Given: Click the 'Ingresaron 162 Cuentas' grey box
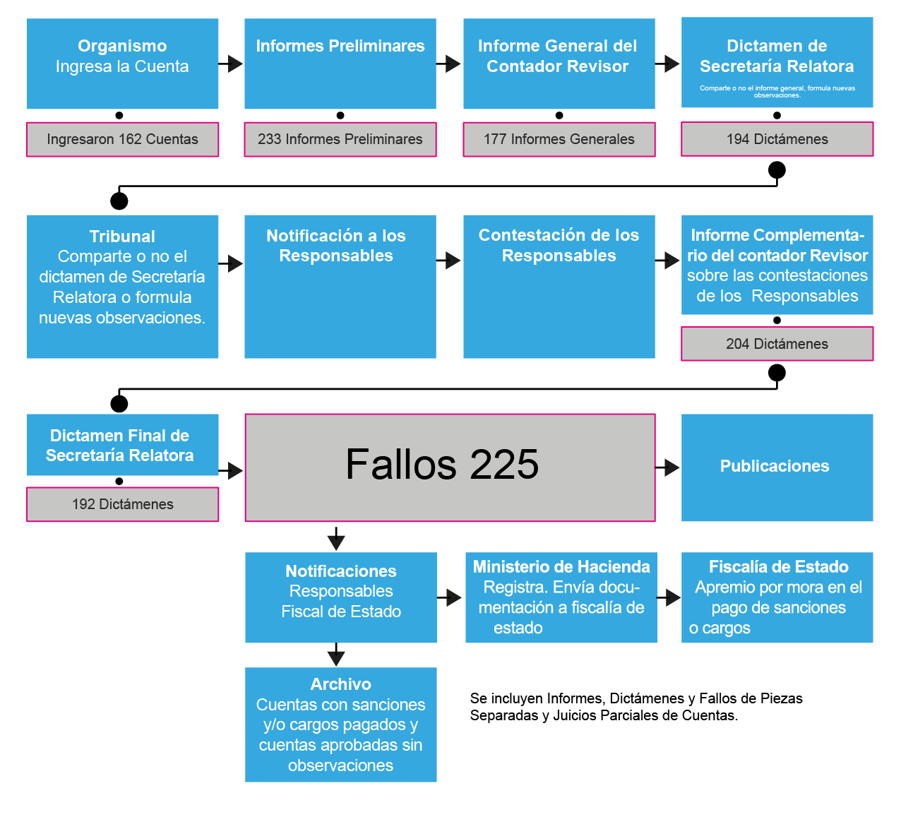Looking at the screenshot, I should coord(122,139).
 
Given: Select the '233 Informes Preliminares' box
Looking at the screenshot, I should coord(340,139).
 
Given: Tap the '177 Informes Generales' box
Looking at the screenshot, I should coord(559,139).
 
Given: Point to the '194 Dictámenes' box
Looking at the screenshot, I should coord(777,139).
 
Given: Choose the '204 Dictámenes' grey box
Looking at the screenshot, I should coord(777,344).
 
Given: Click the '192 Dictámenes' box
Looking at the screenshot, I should coord(122,504).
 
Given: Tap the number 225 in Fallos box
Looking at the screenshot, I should coord(504,465).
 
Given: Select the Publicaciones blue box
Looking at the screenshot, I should coord(777,467).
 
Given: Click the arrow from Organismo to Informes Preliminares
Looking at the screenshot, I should coord(231,64).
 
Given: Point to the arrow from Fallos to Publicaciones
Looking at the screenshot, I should coord(667,467).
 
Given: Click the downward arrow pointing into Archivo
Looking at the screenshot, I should coord(336,655).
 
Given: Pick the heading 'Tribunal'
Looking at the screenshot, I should coord(122,237).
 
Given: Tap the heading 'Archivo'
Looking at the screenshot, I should coord(340,684).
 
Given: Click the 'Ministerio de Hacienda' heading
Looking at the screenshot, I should coord(561,567).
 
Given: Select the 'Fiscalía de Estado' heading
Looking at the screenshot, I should coord(778,567).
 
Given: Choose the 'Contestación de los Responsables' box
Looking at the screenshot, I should coord(559,286).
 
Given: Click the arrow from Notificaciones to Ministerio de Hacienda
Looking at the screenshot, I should coord(449,598).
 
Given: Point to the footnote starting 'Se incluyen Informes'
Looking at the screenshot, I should coord(636,707).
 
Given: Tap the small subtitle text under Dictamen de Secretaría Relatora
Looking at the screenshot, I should coord(777,91).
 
